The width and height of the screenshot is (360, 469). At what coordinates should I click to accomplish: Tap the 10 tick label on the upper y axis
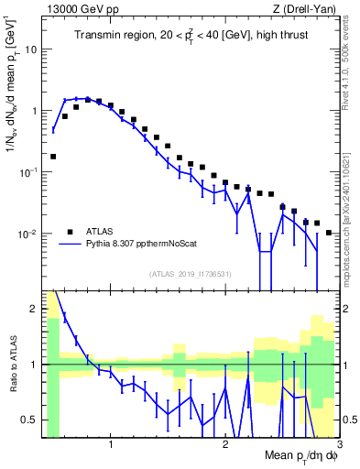click(x=30, y=49)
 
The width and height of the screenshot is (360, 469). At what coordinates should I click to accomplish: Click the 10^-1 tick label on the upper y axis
click(x=27, y=172)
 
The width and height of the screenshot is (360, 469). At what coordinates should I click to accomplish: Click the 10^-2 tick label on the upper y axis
click(x=27, y=234)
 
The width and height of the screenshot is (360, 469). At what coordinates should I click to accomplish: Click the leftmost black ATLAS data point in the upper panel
click(x=53, y=157)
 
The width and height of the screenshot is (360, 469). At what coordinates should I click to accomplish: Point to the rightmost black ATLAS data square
click(x=328, y=233)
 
